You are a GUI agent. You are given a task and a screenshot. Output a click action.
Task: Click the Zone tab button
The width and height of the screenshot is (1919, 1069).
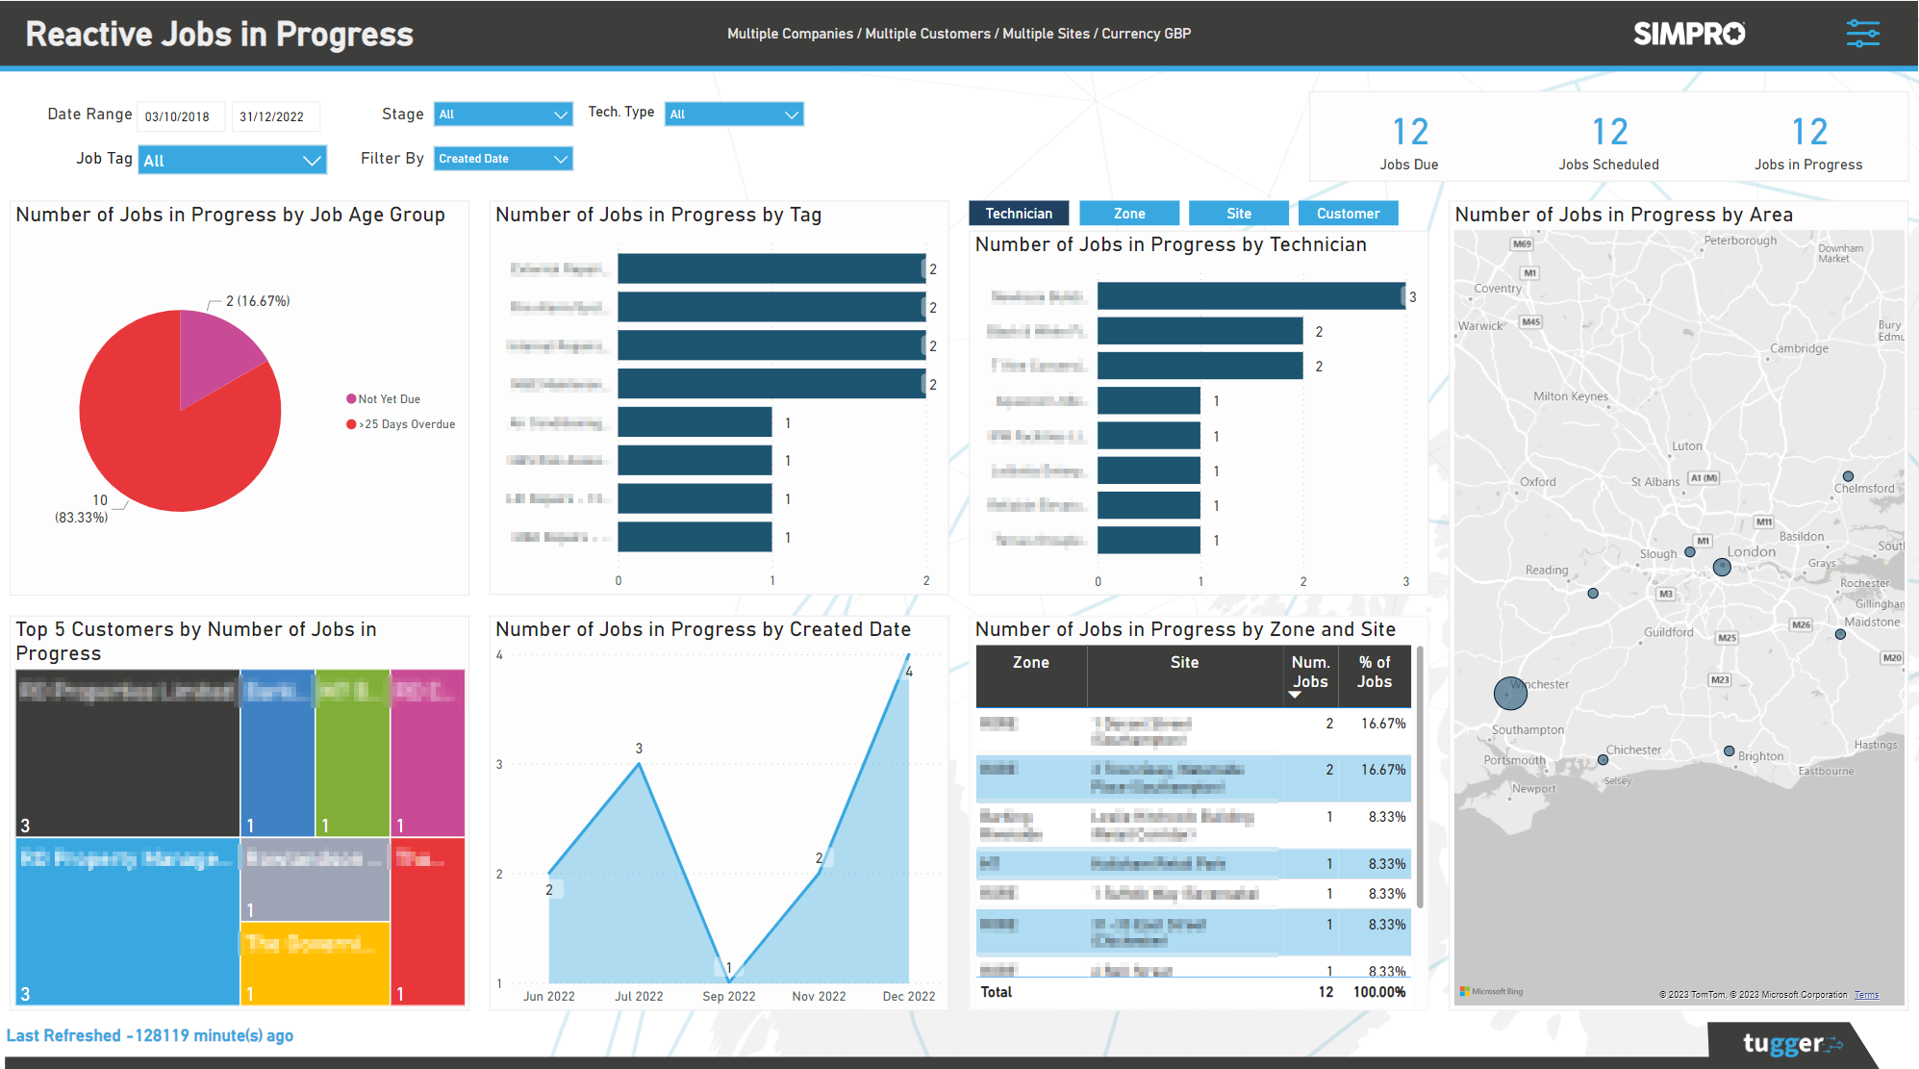(x=1129, y=214)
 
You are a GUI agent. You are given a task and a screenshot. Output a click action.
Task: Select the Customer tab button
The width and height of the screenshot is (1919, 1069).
(x=1348, y=214)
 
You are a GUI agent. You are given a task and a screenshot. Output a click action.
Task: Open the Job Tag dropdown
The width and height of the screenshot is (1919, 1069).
(x=232, y=161)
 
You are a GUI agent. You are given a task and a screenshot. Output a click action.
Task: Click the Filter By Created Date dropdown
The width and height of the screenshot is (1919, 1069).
(x=503, y=159)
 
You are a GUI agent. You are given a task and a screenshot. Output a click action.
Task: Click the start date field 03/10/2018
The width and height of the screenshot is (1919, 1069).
(x=180, y=116)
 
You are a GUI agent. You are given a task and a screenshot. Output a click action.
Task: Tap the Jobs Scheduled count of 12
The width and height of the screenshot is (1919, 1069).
(x=1609, y=132)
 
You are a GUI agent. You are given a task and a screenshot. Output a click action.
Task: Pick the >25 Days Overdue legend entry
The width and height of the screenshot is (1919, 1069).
(x=401, y=424)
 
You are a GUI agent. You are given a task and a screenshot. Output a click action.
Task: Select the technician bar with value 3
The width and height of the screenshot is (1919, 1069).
(x=1250, y=296)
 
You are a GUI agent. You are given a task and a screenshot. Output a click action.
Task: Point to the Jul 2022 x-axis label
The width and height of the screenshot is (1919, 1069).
(x=639, y=997)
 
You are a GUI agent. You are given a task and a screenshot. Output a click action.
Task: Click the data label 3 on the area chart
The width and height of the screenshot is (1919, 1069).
(x=639, y=749)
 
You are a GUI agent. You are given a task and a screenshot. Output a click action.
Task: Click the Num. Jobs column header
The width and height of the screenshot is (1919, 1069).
(x=1310, y=673)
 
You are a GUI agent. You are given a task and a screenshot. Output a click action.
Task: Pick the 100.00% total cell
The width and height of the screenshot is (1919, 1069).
(x=1379, y=992)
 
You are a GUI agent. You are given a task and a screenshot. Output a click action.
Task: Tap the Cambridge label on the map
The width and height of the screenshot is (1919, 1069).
(x=1799, y=348)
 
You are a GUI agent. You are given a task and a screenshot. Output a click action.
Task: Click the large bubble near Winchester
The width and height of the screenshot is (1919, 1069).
(x=1510, y=693)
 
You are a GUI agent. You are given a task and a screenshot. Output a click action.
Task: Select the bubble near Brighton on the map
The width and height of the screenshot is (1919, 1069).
(x=1729, y=751)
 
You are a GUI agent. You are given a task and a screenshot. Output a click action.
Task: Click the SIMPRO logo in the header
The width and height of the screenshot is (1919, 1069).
(x=1689, y=34)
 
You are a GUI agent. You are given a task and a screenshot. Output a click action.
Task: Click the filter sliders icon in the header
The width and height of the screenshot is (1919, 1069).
(x=1862, y=34)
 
